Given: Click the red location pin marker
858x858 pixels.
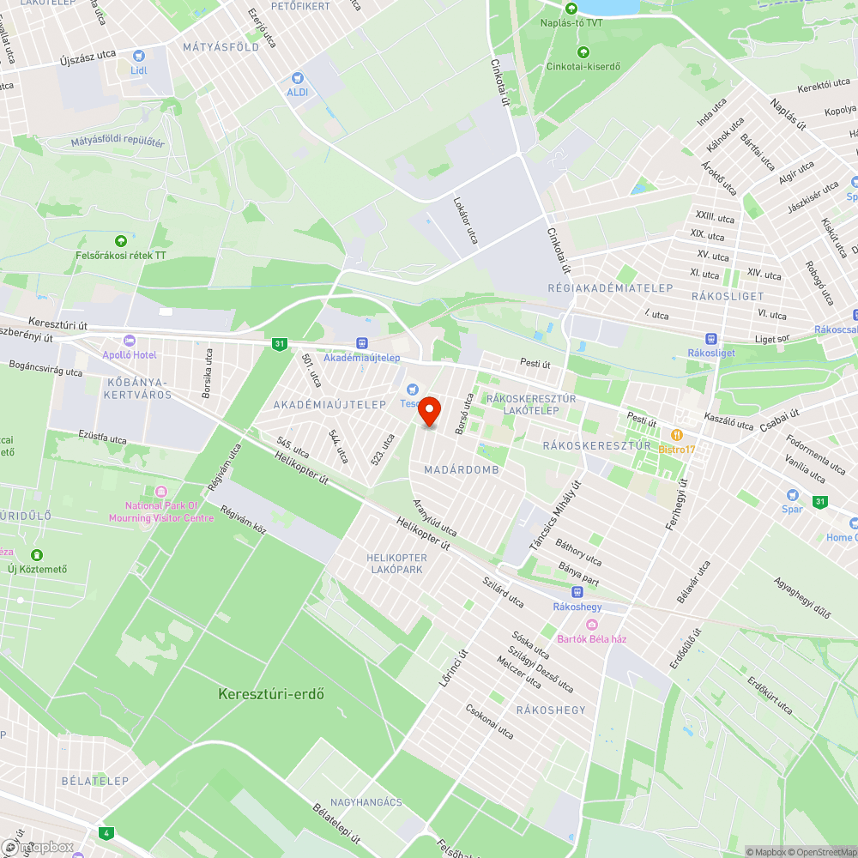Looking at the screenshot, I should coord(428,411).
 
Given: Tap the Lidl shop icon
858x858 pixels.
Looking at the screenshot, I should coord(139,56).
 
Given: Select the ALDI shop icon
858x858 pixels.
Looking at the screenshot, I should coord(298,77).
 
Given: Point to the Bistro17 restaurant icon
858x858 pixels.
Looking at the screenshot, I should coord(677,435).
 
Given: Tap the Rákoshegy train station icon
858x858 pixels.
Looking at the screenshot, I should coord(577,592).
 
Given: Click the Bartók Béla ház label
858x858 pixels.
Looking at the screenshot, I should coord(592,638).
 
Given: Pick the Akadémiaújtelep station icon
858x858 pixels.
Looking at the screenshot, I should coord(361,342).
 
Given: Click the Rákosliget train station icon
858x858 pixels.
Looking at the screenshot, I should coord(710,339).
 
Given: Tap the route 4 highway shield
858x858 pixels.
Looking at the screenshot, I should coord(106,832).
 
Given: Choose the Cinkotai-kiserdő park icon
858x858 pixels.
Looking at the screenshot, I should coord(583,52).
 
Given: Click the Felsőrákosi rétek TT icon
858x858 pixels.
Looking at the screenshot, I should coord(120,241).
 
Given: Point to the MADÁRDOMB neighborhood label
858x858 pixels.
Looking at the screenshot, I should coord(462,470).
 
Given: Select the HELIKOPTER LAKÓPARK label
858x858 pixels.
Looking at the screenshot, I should coord(396,564).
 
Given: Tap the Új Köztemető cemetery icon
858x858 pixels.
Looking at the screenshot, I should coord(36,555).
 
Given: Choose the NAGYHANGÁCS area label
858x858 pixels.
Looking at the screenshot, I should coord(366,802).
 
